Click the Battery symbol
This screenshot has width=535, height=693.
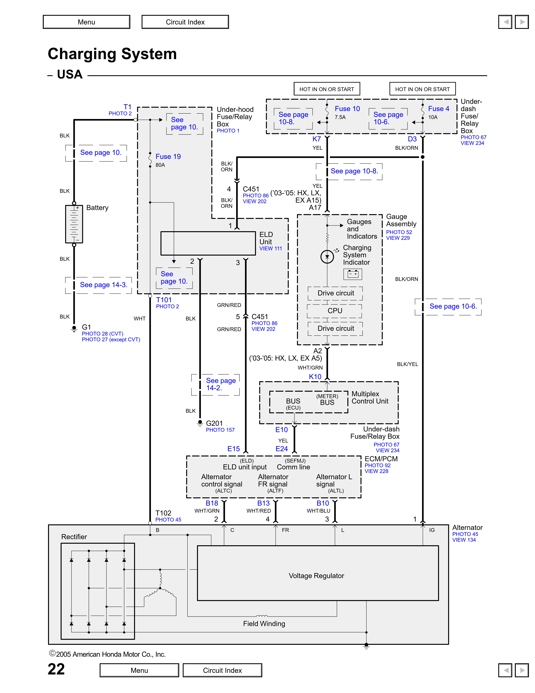click(74, 224)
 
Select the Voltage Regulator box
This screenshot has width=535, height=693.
click(318, 573)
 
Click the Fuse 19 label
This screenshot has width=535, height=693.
click(168, 156)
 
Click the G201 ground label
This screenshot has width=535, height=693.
click(214, 423)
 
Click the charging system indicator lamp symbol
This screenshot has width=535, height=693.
click(327, 257)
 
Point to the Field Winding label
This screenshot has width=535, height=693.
click(264, 623)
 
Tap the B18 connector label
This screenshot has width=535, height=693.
click(212, 503)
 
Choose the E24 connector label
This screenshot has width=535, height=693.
click(281, 449)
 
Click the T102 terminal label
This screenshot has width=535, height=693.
click(163, 513)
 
